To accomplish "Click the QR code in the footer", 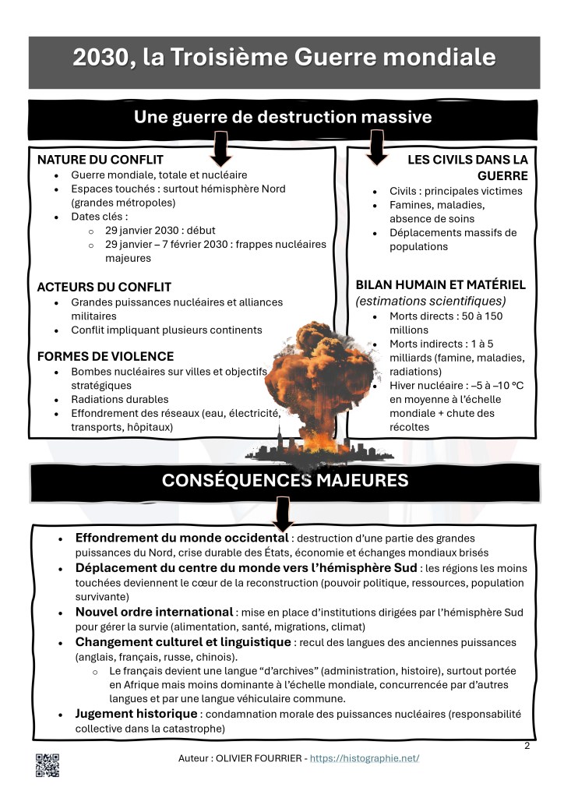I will click(47, 765).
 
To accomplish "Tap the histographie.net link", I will click(365, 758).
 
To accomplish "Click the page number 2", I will click(527, 746).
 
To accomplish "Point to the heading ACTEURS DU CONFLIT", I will click(104, 287).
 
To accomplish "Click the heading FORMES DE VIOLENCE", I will click(105, 356).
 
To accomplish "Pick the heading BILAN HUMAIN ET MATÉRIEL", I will click(440, 284).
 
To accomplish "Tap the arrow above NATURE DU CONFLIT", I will click(221, 148).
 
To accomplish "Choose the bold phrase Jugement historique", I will click(136, 714).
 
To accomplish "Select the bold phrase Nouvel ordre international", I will click(154, 612).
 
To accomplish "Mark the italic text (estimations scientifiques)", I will click(431, 301).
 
